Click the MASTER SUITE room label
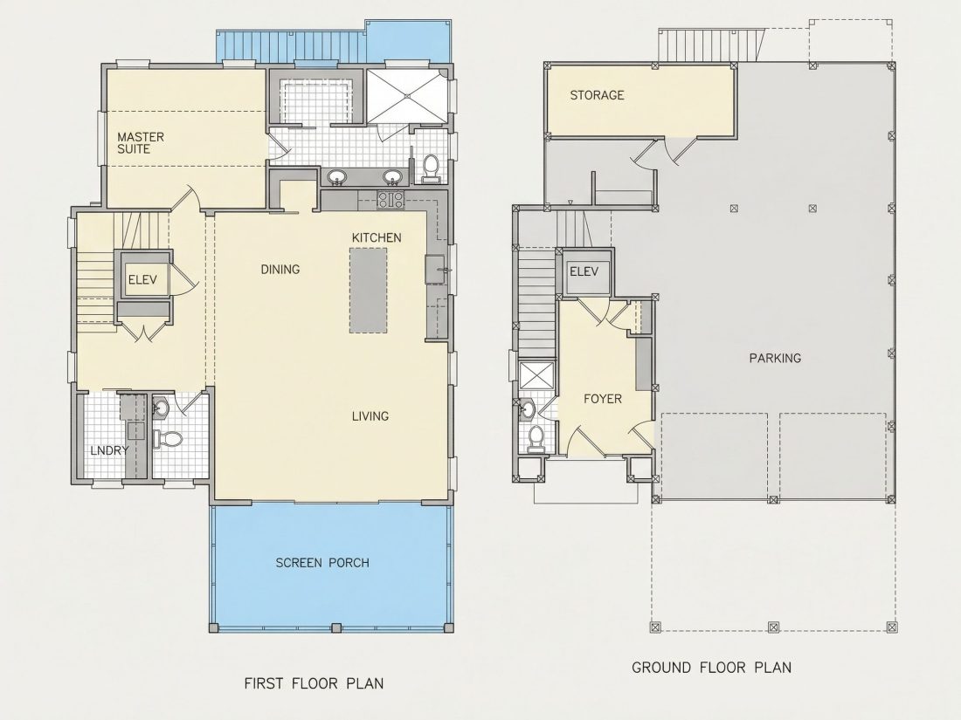pyautogui.click(x=141, y=142)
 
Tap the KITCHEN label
pyautogui.click(x=377, y=237)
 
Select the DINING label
pyautogui.click(x=280, y=270)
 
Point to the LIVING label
pyautogui.click(x=370, y=416)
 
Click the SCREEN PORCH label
pyautogui.click(x=322, y=563)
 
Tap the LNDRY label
pyautogui.click(x=109, y=450)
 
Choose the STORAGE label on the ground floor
pyautogui.click(x=597, y=95)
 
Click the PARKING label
pyautogui.click(x=775, y=358)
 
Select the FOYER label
pyautogui.click(x=603, y=399)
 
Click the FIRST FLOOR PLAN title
pyautogui.click(x=314, y=683)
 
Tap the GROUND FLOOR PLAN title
pyautogui.click(x=711, y=668)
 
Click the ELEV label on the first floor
pyautogui.click(x=142, y=280)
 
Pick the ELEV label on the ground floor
pyautogui.click(x=584, y=271)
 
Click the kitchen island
pyautogui.click(x=369, y=291)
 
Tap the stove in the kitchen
pyautogui.click(x=391, y=199)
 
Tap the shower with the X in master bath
pyautogui.click(x=406, y=95)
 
